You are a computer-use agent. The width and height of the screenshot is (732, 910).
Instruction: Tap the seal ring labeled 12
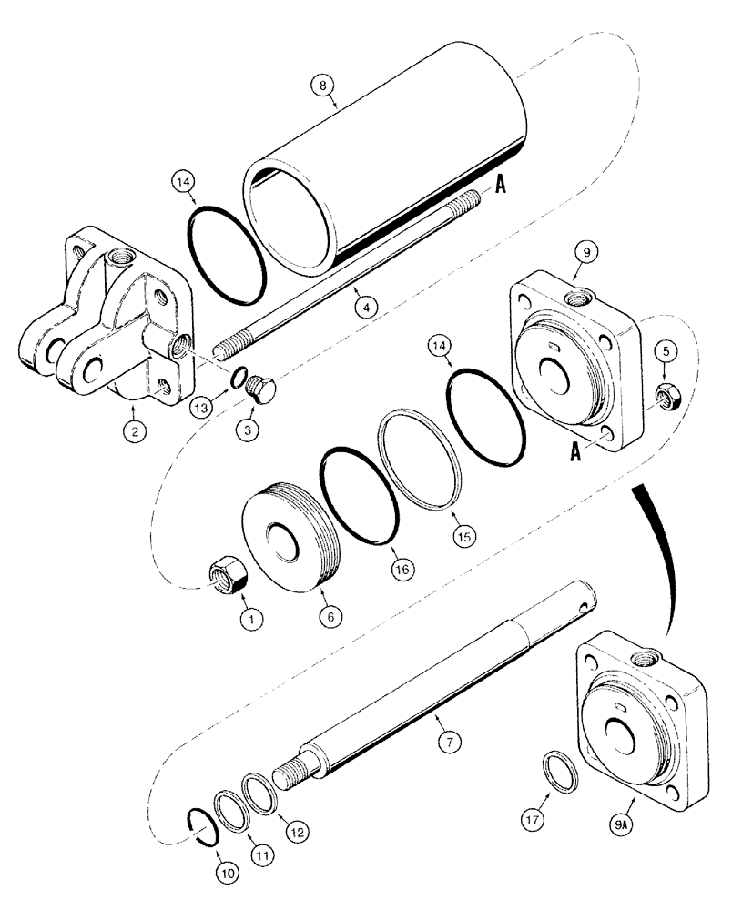pos(257,784)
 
